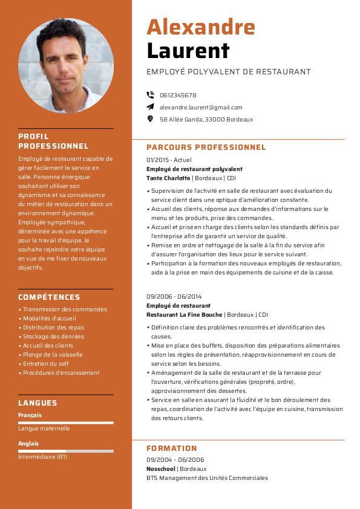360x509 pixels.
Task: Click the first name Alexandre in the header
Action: coord(200,27)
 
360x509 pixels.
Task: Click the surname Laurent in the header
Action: coord(188,51)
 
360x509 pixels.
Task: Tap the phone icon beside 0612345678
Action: coord(150,95)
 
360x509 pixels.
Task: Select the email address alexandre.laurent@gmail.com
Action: coord(201,107)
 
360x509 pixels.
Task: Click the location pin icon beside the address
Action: coord(150,119)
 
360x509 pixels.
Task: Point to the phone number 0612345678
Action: coord(178,95)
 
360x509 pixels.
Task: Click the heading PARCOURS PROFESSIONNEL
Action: coord(206,147)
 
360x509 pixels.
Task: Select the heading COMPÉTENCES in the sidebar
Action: coord(49,297)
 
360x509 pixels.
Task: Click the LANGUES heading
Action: coord(38,403)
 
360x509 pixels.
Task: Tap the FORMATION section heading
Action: coord(172,448)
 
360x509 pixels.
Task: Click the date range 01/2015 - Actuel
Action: coord(169,160)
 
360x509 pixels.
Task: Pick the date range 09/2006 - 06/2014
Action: coord(174,296)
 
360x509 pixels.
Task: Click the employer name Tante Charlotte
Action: coord(168,178)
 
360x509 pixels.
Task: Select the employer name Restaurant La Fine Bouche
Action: coord(185,314)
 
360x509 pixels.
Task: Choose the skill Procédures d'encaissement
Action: coord(61,372)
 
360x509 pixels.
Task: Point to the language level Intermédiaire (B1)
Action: coord(42,457)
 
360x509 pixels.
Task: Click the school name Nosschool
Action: coord(161,468)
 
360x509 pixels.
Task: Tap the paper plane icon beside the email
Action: coord(150,107)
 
